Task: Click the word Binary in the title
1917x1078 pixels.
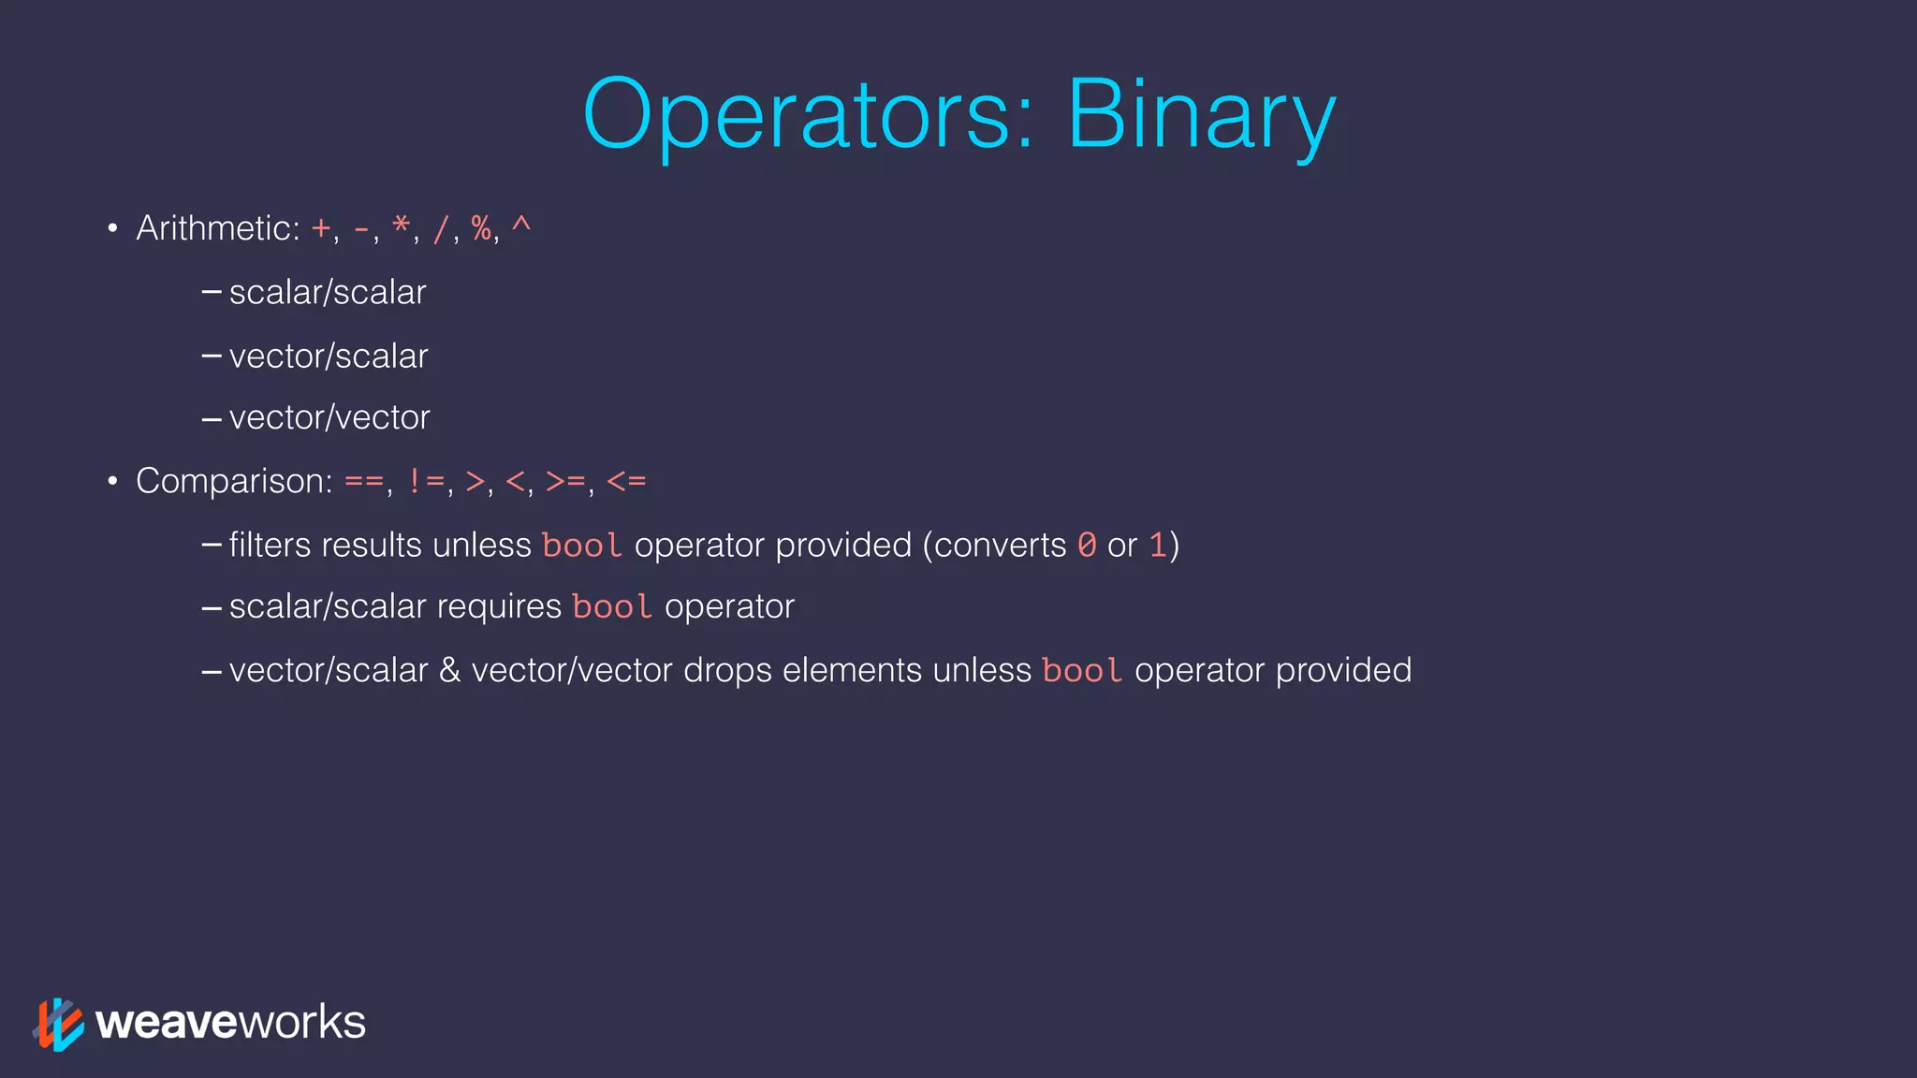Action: [x=1201, y=114]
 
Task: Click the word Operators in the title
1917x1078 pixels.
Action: [x=807, y=114]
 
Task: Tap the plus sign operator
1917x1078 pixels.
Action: [x=321, y=228]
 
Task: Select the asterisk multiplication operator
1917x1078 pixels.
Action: [x=401, y=226]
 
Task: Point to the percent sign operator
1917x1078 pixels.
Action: [x=481, y=227]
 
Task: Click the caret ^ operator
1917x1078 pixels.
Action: [x=521, y=225]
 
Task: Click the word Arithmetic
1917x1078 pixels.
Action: [x=217, y=228]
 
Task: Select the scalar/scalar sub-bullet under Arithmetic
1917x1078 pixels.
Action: [x=328, y=293]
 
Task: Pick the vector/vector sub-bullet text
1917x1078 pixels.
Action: [x=329, y=417]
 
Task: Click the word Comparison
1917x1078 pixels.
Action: [x=234, y=481]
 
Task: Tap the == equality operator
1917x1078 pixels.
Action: [x=364, y=482]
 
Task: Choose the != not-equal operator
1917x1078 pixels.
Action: [x=426, y=482]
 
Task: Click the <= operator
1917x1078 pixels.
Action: [x=626, y=482]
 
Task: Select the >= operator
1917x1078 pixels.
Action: [x=565, y=482]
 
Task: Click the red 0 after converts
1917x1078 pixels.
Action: [x=1087, y=545]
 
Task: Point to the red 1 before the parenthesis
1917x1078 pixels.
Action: [x=1158, y=545]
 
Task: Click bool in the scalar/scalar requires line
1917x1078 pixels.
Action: [x=611, y=607]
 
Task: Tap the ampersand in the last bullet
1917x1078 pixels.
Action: [x=449, y=670]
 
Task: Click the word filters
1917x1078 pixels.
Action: [x=270, y=545]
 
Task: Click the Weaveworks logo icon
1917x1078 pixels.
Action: [x=58, y=1024]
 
